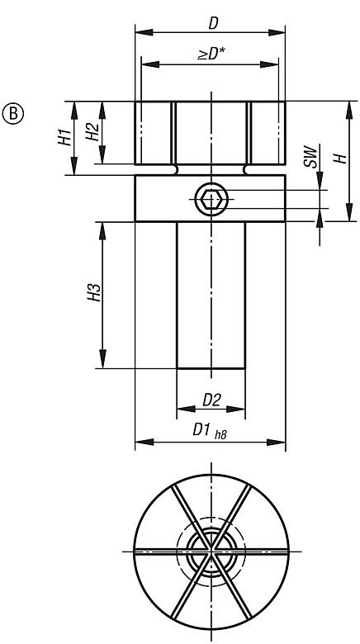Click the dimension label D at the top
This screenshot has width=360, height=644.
pos(211,18)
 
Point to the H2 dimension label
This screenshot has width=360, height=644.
pos(93,132)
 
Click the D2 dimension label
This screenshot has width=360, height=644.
pos(211,400)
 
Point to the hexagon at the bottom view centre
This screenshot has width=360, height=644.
pos(211,551)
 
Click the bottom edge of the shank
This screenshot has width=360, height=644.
pos(211,368)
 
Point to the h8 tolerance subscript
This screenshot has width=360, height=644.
pos(220,435)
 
